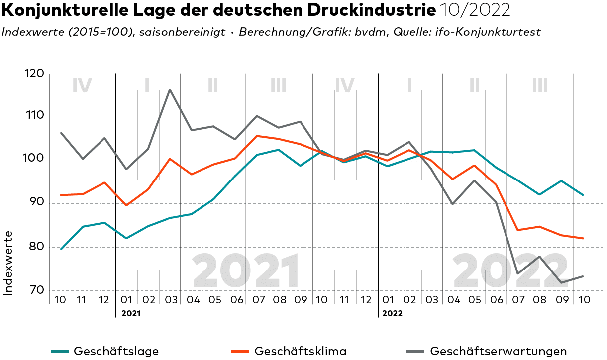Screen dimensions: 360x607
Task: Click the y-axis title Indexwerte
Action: coord(8,263)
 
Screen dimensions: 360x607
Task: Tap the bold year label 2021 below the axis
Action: coord(131,314)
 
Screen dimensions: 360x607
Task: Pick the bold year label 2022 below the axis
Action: coord(393,314)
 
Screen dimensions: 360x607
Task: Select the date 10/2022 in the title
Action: coord(475,10)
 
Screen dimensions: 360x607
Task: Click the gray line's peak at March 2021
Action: coord(170,90)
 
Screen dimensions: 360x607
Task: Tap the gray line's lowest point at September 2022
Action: coord(561,283)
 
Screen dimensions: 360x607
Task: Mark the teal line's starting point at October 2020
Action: coord(61,249)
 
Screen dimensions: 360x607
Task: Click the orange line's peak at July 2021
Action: coord(256,136)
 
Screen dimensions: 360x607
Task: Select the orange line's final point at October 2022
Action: coord(583,238)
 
